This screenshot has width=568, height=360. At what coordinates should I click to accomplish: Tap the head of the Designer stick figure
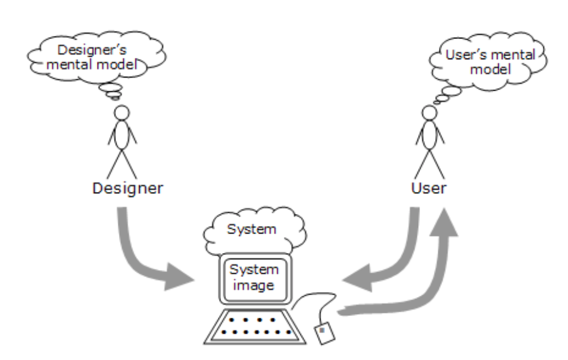(121, 113)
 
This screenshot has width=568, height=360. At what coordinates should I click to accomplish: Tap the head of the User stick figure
(429, 113)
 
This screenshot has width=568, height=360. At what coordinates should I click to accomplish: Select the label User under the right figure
(428, 188)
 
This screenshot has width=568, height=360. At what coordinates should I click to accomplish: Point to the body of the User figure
(429, 137)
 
